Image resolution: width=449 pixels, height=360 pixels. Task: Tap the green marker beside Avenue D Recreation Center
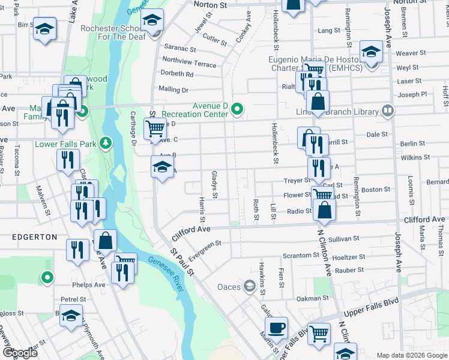[x=238, y=109]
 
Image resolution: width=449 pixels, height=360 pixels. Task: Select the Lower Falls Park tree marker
[x=106, y=142]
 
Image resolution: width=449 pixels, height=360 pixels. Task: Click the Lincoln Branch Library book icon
[x=388, y=111]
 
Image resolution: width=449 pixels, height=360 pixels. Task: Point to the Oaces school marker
[x=249, y=285]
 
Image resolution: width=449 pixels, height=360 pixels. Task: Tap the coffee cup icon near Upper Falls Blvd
[x=276, y=328]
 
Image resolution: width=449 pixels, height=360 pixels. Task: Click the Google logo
[x=20, y=353]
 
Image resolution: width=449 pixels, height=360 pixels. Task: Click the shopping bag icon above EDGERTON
[x=105, y=241]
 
